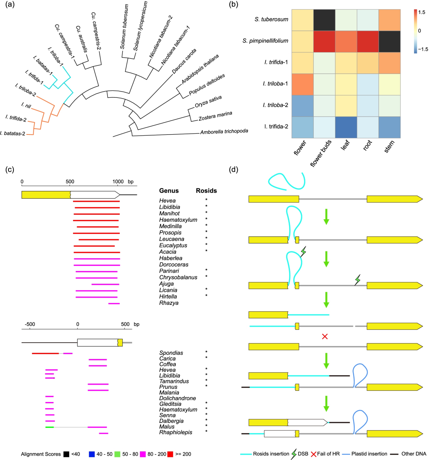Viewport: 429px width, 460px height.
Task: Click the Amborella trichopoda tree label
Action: (224, 131)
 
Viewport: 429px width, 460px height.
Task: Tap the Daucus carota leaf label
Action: (184, 61)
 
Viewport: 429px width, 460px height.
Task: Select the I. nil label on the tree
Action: (26, 105)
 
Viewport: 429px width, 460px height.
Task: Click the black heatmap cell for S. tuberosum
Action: (324, 20)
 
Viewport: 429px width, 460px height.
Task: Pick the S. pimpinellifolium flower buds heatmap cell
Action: (324, 42)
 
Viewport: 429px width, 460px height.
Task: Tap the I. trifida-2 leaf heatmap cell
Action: (346, 127)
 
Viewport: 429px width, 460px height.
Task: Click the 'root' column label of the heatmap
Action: (368, 145)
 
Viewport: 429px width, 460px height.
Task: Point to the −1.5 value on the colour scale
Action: (423, 49)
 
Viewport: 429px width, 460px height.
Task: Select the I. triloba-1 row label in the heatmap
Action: (275, 83)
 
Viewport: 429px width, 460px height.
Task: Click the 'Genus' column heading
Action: (169, 191)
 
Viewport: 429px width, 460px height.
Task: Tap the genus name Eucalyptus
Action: (173, 245)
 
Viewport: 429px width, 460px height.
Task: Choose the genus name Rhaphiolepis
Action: (175, 432)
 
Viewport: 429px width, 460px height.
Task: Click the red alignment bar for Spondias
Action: (45, 354)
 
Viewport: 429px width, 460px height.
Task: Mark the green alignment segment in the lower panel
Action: (50, 427)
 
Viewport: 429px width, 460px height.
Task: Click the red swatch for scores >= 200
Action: (170, 454)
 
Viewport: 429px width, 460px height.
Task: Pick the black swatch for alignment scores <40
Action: (67, 454)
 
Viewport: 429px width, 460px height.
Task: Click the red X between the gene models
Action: (325, 337)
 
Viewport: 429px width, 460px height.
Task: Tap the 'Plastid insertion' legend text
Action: (369, 454)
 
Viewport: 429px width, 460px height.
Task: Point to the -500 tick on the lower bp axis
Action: (30, 324)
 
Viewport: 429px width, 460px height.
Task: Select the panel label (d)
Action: (233, 170)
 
